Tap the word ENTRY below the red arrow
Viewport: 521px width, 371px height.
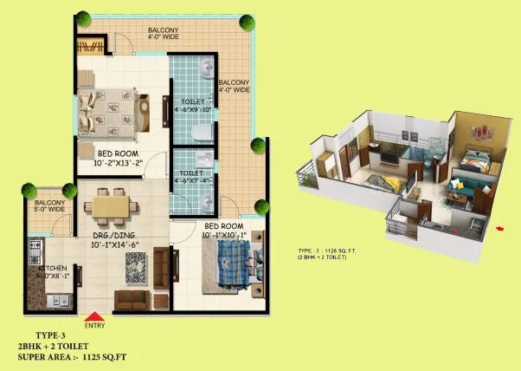(x=94, y=326)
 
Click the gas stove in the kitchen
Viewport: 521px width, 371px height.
(x=35, y=251)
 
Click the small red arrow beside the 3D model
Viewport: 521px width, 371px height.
(x=501, y=229)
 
